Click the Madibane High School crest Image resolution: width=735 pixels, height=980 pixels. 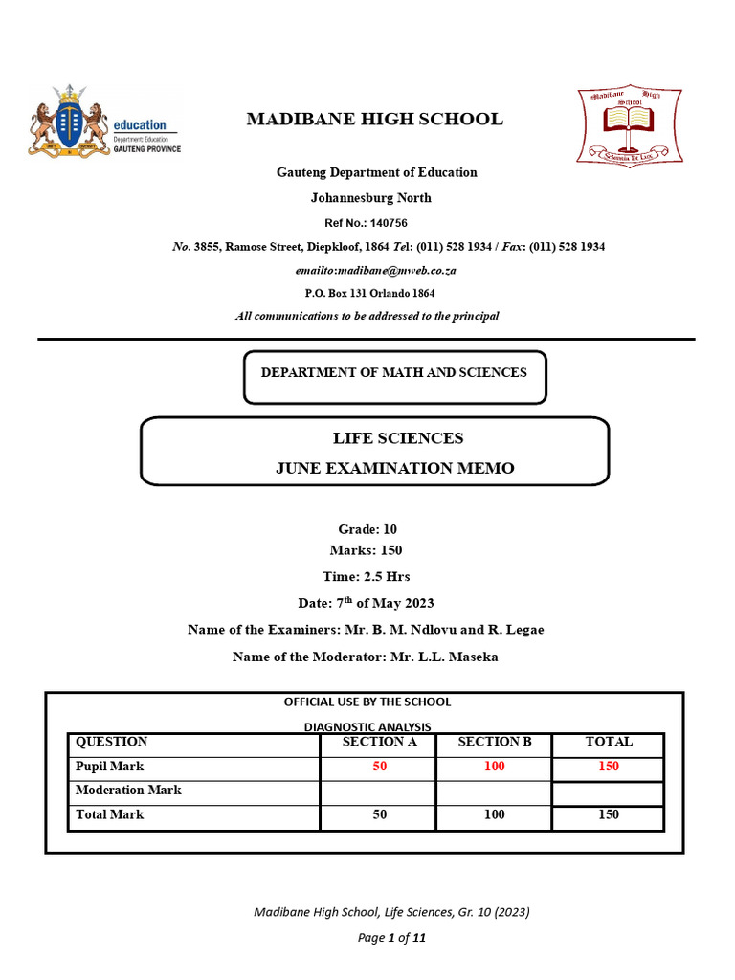pos(629,124)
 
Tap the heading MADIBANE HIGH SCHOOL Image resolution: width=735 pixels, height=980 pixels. pos(374,120)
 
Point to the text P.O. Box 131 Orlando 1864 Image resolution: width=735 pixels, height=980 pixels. pos(369,293)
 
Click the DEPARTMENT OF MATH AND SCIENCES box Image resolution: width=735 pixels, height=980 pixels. pos(394,372)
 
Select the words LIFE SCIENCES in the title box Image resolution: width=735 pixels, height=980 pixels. pos(398,438)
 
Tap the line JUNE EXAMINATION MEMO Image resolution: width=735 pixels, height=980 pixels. pos(395,468)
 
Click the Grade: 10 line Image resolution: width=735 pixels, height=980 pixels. pos(367,529)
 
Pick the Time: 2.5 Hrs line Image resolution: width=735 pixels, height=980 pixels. pos(367,576)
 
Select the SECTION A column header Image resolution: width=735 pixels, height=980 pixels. pos(380,742)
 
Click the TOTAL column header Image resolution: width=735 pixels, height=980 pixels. pos(609,742)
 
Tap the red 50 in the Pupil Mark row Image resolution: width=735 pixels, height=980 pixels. pos(380,767)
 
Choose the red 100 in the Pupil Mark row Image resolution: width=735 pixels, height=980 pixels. pos(494,767)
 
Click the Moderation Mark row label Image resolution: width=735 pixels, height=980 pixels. pos(128,791)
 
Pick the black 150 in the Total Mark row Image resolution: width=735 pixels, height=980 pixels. pos(609,814)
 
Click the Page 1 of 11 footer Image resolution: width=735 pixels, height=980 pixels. pos(391,938)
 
